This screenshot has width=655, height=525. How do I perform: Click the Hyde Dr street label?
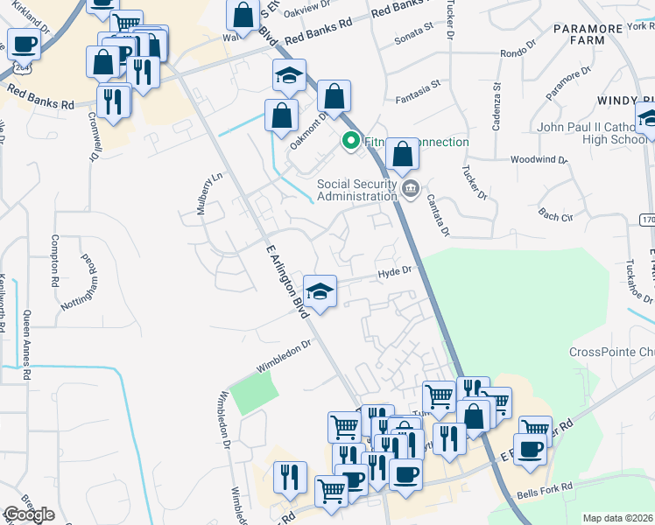click(395, 272)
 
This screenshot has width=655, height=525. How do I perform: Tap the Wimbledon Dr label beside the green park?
click(284, 357)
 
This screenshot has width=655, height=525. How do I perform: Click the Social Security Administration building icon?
click(410, 186)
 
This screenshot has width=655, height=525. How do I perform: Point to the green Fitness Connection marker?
click(351, 141)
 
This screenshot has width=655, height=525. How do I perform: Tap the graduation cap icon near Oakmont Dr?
click(287, 77)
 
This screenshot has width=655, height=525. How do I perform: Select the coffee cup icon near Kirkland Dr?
click(24, 44)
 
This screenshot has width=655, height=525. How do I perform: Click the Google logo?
click(29, 514)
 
